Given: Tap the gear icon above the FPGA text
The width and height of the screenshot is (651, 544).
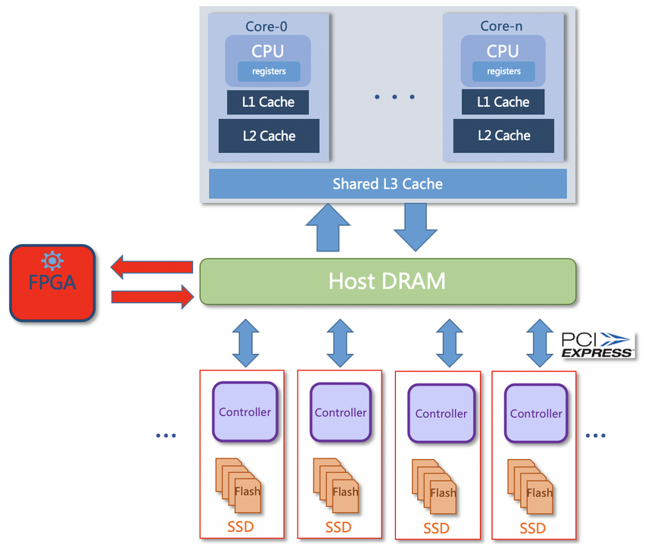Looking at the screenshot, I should (x=52, y=261).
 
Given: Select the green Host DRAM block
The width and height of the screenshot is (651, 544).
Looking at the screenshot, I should (x=387, y=282).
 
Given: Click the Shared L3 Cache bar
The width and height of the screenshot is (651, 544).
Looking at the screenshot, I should (x=387, y=183).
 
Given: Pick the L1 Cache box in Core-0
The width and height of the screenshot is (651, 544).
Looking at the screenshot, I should (x=268, y=102).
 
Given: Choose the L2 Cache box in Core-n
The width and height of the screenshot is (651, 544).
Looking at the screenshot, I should (x=503, y=136).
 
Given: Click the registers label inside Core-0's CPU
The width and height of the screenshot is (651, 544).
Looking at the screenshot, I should (x=269, y=71).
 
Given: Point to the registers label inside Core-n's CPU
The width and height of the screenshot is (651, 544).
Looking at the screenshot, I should (x=503, y=71).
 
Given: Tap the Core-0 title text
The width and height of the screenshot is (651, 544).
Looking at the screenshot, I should (x=266, y=27).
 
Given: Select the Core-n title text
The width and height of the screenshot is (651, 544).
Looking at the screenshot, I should (x=501, y=27).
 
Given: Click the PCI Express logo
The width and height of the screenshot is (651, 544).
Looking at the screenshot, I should (x=597, y=345).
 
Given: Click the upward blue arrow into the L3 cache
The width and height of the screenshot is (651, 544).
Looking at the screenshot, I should (x=328, y=227).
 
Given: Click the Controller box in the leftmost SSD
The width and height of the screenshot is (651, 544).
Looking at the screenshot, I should (x=245, y=412).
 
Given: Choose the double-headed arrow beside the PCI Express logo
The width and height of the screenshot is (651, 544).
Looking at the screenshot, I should (x=539, y=342).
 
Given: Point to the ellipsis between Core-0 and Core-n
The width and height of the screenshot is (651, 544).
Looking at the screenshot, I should (x=394, y=97).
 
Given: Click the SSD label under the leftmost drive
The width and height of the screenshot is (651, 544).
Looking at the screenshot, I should (x=240, y=527).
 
